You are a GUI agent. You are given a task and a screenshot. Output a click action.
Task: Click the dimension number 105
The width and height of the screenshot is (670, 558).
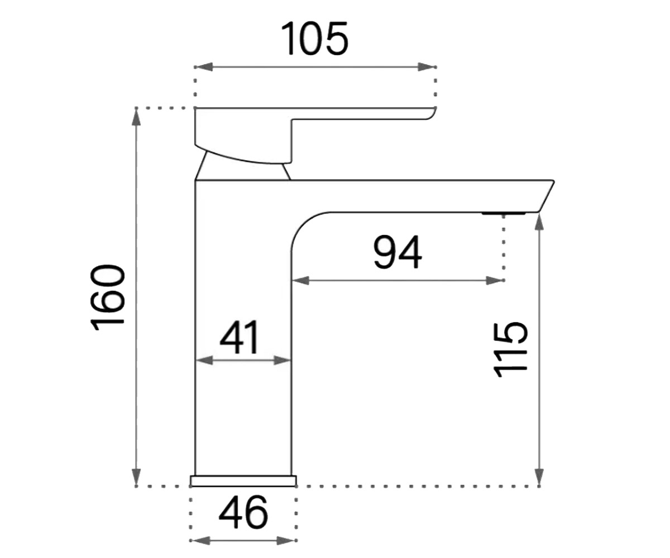pyautogui.click(x=314, y=39)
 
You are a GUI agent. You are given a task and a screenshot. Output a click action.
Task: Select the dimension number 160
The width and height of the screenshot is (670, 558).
pyautogui.click(x=108, y=297)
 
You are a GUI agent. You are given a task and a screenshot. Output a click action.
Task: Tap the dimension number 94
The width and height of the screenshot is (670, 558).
pyautogui.click(x=398, y=252)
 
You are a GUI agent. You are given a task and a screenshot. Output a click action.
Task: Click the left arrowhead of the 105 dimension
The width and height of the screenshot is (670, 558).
pyautogui.click(x=203, y=67)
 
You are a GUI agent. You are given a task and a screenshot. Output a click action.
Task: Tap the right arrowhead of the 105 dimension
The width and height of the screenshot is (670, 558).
pyautogui.click(x=427, y=67)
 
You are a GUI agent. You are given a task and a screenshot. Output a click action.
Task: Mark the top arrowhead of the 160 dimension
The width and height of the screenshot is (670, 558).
pyautogui.click(x=136, y=117)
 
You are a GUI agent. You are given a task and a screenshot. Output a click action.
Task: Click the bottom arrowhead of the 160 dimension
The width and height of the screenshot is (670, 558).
pyautogui.click(x=136, y=478)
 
